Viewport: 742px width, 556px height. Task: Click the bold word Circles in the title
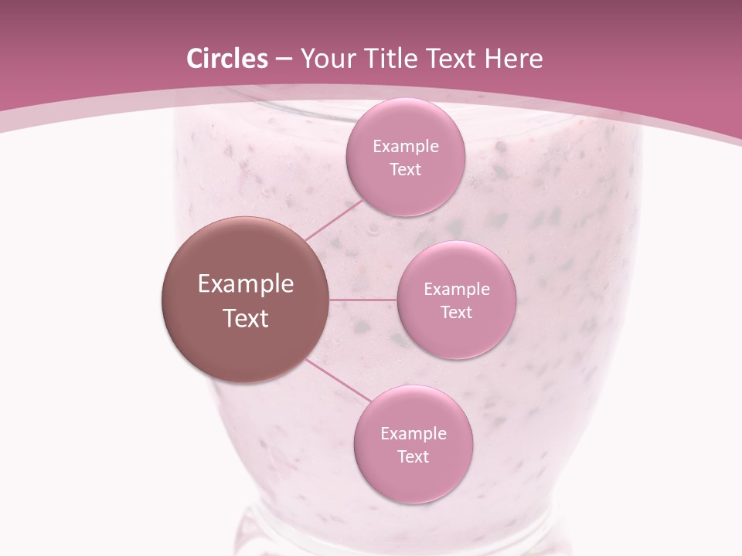coord(226,58)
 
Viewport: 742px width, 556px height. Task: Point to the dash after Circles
coord(283,59)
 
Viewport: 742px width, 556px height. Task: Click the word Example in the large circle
coord(246,284)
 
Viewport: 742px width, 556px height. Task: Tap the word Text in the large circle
coord(246,318)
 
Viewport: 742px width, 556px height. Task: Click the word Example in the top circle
coord(405,147)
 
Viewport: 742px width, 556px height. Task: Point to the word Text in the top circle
coord(405,170)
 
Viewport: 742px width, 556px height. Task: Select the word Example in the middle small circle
coord(456,290)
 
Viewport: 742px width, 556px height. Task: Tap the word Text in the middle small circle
coord(456,313)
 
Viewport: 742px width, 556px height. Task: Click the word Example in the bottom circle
coord(413,434)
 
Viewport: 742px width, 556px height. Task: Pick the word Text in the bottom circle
coord(413,457)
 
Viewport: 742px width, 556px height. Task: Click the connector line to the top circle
coord(334,220)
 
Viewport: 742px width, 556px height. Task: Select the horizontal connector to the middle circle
coord(363,300)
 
